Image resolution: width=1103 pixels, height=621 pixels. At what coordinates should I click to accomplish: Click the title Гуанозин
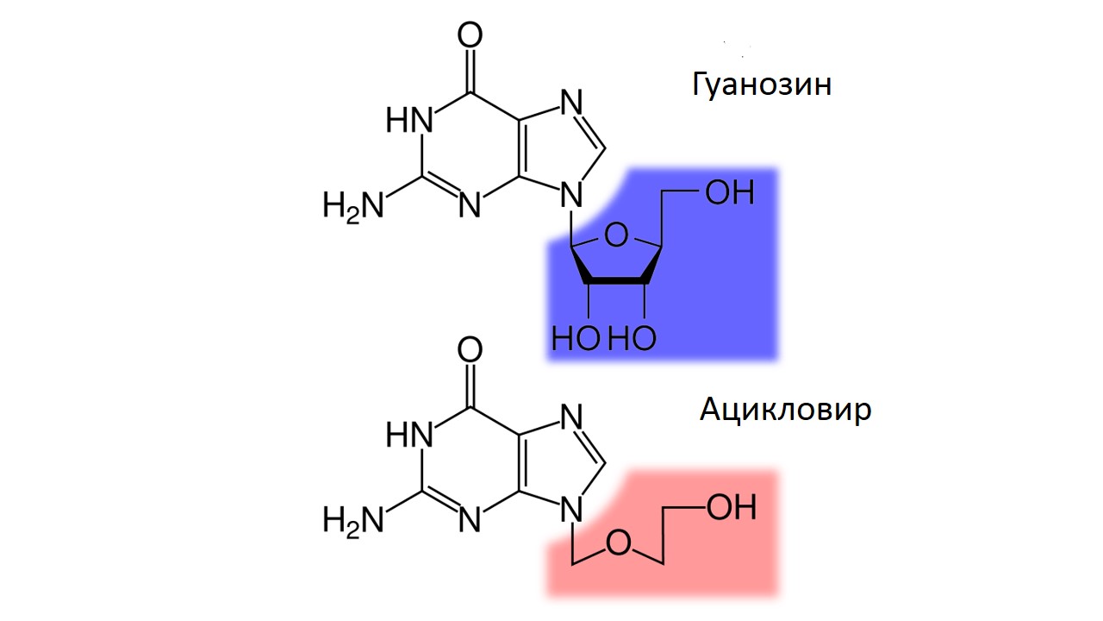point(762,85)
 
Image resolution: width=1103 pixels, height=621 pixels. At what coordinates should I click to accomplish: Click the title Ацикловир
point(785,410)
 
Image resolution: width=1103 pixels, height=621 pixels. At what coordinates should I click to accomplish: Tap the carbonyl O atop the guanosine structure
point(470,35)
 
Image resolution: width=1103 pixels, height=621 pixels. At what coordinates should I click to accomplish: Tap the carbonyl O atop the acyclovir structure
point(470,349)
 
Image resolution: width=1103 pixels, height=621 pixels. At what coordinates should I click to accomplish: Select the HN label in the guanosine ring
point(409,120)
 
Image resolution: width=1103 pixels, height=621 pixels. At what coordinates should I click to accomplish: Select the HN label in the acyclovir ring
point(409,435)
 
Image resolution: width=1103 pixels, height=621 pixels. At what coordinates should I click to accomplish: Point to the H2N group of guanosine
point(352,206)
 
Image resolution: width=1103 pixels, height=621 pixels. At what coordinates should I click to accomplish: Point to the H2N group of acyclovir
point(352,521)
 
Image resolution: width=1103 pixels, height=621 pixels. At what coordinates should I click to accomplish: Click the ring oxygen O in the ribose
point(616,235)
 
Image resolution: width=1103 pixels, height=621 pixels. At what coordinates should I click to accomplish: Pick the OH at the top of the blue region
point(730,192)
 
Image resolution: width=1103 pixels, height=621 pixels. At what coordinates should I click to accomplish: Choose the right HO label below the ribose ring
point(633,338)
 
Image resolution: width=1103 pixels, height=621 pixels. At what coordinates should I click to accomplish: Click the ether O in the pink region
point(619,543)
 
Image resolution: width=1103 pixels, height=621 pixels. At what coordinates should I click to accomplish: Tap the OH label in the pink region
point(732,508)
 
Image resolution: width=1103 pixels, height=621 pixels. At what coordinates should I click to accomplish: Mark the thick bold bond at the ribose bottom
point(616,280)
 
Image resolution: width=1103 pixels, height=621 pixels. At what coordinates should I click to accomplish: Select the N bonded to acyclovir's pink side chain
point(571,509)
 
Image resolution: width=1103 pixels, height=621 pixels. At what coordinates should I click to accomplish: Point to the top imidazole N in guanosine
point(571,102)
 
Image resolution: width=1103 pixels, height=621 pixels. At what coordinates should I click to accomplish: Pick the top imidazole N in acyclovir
point(571,417)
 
